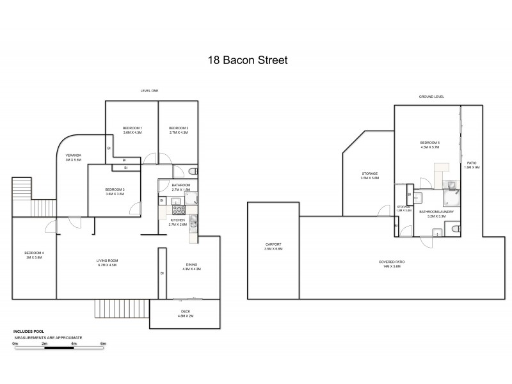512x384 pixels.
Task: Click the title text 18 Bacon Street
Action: coord(247,61)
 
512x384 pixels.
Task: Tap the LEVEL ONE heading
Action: coord(149,91)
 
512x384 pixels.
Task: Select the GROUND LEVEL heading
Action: coord(431,97)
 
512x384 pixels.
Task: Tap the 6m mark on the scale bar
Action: coord(103,344)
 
